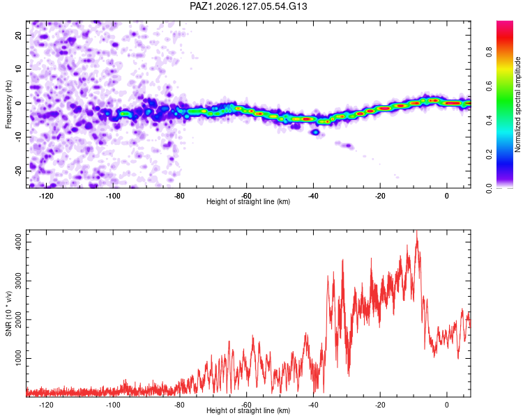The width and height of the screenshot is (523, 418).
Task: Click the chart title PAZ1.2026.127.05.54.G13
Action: click(x=248, y=6)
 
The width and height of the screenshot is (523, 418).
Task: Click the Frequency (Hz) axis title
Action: click(x=8, y=104)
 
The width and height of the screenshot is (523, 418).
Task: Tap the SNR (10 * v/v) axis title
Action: click(x=8, y=313)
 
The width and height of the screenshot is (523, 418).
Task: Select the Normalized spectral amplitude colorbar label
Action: click(x=517, y=104)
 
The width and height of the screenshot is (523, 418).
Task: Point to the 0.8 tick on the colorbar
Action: click(x=489, y=52)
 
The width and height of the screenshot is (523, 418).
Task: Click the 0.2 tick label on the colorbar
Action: click(x=489, y=155)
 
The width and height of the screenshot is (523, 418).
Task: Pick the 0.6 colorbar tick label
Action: click(x=489, y=86)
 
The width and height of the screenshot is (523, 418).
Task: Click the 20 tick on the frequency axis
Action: click(x=18, y=35)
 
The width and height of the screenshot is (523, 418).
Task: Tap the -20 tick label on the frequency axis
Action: click(x=18, y=171)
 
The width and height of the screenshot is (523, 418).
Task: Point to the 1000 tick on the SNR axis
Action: click(x=18, y=358)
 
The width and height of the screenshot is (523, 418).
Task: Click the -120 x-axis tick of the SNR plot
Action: click(x=46, y=405)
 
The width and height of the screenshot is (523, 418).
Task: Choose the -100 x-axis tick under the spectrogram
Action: click(x=113, y=196)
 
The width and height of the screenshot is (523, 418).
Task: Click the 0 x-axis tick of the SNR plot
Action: click(x=447, y=405)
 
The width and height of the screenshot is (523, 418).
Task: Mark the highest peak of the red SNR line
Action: click(x=416, y=231)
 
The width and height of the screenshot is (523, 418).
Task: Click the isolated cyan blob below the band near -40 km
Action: click(x=315, y=132)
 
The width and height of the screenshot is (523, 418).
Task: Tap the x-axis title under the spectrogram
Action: click(x=248, y=201)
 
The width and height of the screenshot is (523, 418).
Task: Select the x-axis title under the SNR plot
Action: click(x=248, y=410)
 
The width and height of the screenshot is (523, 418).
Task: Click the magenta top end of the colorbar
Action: click(x=505, y=23)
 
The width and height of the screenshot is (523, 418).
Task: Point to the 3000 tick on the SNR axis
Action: click(x=18, y=281)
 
